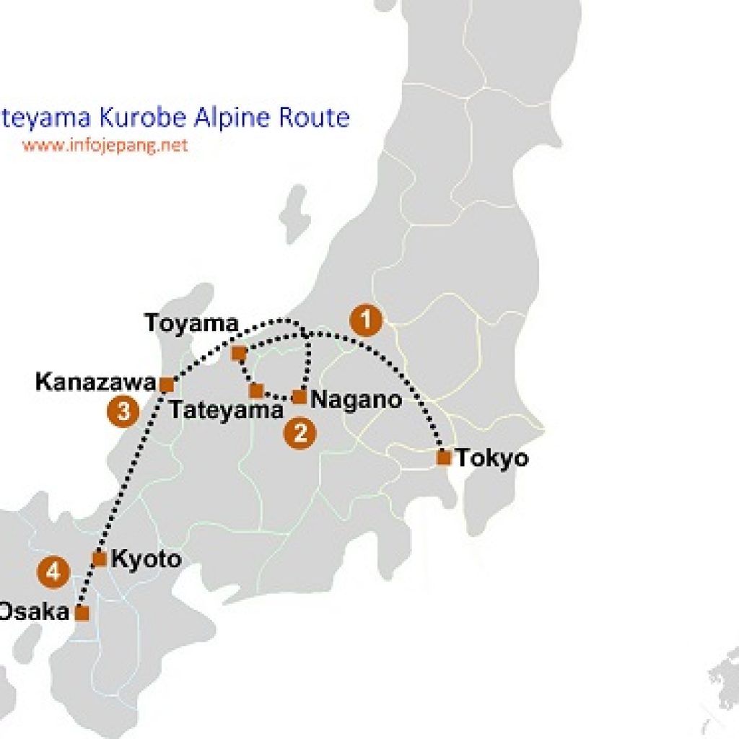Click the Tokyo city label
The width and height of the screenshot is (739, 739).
click(492, 458)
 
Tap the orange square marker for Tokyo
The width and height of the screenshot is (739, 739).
click(444, 457)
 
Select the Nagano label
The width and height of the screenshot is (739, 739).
click(355, 399)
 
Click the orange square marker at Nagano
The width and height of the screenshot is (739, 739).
click(299, 397)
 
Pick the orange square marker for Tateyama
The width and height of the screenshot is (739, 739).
click(256, 391)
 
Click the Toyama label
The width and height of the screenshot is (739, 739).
click(191, 323)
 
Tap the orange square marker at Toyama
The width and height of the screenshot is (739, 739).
click(239, 353)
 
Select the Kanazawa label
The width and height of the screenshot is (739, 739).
click(95, 381)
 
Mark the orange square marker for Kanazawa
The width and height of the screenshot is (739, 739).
click(166, 385)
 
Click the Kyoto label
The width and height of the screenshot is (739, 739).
click(147, 559)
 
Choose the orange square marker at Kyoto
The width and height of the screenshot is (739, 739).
click(100, 559)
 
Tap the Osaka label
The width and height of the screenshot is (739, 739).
click(33, 612)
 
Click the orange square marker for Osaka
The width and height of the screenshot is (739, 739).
click(82, 613)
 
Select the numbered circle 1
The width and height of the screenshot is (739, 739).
click(366, 320)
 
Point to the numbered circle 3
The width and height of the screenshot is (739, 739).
click(123, 412)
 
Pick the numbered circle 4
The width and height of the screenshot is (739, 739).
click(53, 573)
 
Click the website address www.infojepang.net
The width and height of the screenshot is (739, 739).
click(105, 145)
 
